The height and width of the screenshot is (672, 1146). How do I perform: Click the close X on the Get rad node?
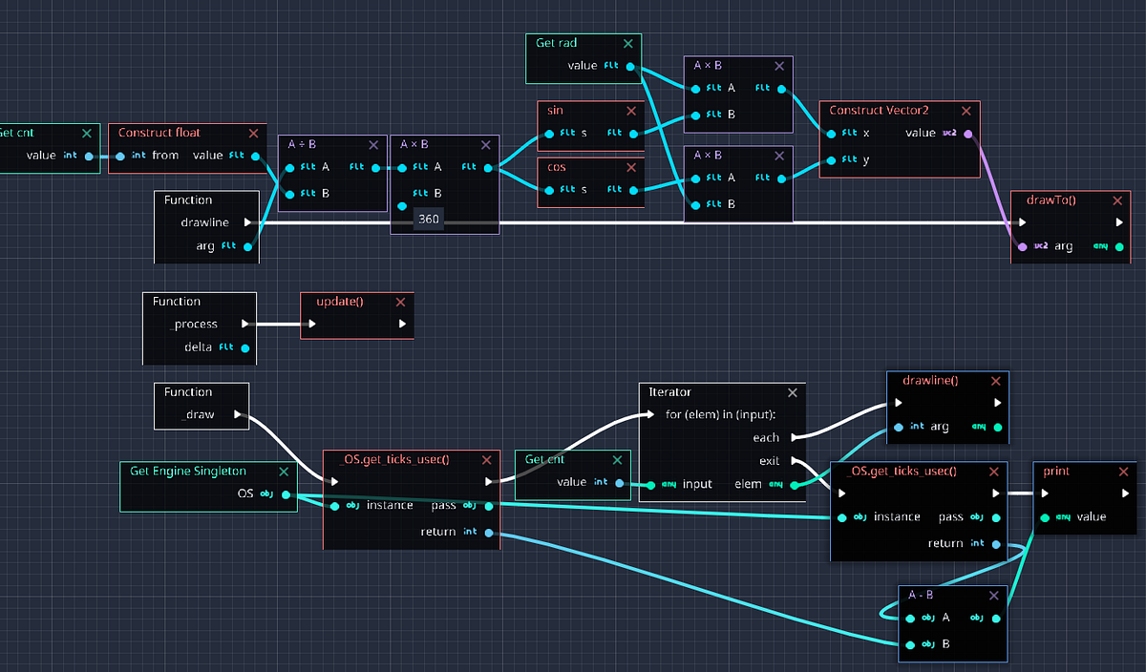(627, 43)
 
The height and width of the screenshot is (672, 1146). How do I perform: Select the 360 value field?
(429, 220)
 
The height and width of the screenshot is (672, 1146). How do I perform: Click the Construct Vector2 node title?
(882, 110)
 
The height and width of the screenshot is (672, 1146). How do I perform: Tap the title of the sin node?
(555, 111)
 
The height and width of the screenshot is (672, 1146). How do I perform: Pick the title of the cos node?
(556, 167)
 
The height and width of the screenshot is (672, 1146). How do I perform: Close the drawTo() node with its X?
(1117, 200)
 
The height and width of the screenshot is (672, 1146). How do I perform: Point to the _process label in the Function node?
(194, 325)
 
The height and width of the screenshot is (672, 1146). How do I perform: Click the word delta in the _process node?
(199, 347)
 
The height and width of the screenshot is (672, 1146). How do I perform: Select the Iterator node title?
(669, 392)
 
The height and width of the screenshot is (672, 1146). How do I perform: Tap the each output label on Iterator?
(766, 438)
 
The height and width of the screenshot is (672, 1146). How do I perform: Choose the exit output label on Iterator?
(769, 461)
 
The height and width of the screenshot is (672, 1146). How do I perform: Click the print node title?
(1056, 472)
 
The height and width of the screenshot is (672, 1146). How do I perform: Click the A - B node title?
(922, 595)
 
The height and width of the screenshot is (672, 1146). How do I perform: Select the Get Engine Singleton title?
(187, 472)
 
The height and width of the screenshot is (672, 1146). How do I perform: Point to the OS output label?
(246, 494)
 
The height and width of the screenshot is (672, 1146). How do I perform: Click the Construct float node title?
(159, 133)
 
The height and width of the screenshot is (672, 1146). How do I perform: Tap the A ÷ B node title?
(303, 145)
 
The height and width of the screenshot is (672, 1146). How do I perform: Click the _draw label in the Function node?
(198, 415)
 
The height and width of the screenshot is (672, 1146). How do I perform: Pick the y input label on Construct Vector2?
(865, 160)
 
